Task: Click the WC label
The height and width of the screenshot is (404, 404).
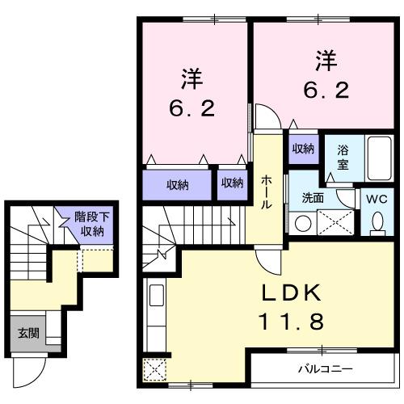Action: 376,196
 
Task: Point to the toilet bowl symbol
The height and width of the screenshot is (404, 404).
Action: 377,222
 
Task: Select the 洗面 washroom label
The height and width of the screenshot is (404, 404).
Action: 313,196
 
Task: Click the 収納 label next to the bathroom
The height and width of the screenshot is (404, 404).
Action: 303,149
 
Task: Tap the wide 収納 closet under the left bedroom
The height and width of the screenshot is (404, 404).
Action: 178,183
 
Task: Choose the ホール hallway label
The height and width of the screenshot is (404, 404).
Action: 266,193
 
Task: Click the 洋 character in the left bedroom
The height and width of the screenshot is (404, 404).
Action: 191,80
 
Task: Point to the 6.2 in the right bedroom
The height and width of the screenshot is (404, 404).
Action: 326,90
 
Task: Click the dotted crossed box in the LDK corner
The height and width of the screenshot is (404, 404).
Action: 154,370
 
